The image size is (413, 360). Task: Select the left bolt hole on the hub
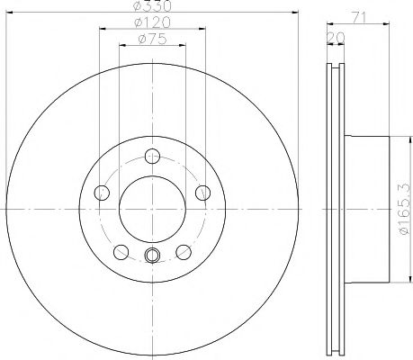102,191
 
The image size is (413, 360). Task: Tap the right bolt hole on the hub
202,191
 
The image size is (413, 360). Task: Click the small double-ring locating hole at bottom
151,256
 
